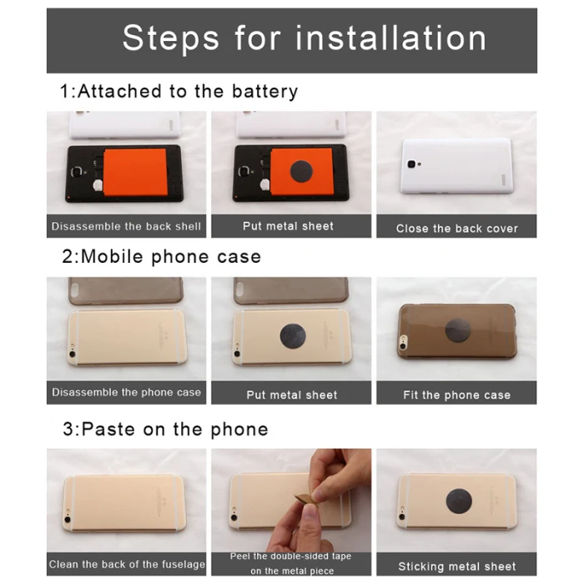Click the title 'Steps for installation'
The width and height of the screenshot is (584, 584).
[305, 38]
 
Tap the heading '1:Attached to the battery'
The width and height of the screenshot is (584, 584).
[179, 92]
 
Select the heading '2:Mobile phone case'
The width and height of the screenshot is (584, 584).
[161, 257]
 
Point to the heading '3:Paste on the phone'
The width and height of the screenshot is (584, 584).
[165, 430]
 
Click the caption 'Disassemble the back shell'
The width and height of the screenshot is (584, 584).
[126, 226]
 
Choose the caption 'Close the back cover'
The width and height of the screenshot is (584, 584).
[457, 229]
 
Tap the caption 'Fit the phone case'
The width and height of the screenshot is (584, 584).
[456, 395]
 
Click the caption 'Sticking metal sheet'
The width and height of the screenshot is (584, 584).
[457, 566]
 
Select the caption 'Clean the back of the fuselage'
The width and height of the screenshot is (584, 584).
[127, 564]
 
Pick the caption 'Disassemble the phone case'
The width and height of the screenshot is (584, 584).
[126, 392]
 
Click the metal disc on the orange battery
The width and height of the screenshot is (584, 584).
[301, 172]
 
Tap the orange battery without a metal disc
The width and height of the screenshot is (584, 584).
[135, 172]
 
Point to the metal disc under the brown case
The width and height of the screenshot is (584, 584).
[458, 330]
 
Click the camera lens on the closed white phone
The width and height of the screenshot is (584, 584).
[411, 164]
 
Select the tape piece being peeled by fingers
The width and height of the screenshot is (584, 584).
[305, 499]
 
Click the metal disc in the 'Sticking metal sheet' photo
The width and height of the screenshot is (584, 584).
[459, 501]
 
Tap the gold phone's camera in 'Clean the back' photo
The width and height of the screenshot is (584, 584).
[68, 519]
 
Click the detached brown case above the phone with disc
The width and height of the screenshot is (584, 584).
[291, 290]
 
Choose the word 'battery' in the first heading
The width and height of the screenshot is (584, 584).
[264, 92]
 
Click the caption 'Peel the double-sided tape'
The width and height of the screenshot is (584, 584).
[290, 556]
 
